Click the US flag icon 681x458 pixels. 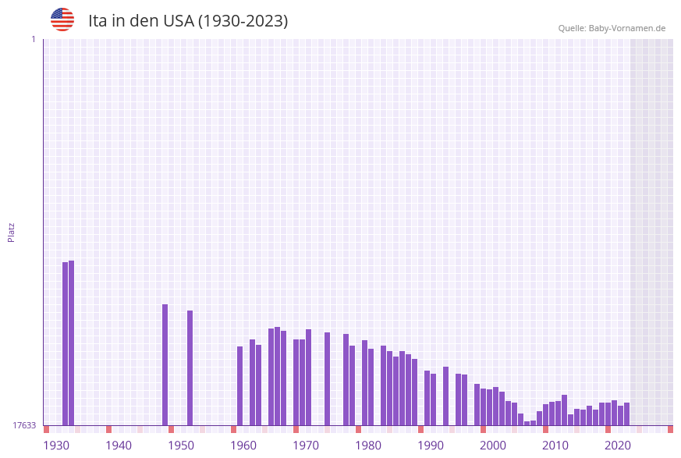tap(62, 20)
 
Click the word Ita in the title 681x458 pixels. tap(98, 21)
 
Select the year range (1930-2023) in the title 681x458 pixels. tap(243, 21)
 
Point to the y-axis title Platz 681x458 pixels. tap(12, 232)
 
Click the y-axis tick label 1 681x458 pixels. tap(33, 39)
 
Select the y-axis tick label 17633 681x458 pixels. tap(24, 425)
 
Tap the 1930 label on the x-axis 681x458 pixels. tap(56, 446)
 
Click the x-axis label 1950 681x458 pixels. tap(181, 446)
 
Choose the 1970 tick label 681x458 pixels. tap(306, 446)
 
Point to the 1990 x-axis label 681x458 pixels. tap(431, 446)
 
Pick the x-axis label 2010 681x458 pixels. tap(555, 446)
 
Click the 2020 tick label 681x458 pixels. tap(618, 446)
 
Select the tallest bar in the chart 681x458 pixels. tap(72, 343)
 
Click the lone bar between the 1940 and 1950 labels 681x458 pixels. tap(165, 364)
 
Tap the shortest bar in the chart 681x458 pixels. tap(527, 423)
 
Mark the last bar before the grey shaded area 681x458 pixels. tap(627, 414)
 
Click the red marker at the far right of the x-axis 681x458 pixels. tap(670, 429)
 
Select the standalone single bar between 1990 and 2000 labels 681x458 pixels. tap(446, 396)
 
